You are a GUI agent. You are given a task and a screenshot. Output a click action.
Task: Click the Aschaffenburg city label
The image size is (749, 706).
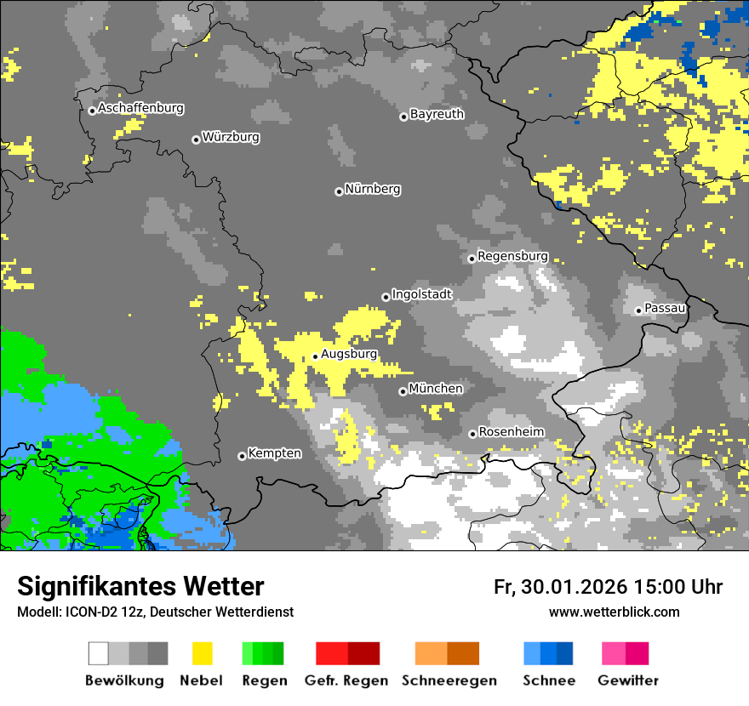140,108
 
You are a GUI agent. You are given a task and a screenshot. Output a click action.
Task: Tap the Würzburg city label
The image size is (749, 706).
231,137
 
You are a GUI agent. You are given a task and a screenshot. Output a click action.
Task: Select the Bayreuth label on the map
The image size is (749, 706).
437,114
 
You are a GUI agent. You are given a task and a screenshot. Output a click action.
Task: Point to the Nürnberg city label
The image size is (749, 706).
372,189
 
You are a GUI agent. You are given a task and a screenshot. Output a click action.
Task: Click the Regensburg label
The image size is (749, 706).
512,256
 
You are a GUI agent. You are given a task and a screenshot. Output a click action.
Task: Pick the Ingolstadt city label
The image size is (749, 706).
421,294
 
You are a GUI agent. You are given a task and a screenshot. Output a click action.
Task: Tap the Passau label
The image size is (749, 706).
666,308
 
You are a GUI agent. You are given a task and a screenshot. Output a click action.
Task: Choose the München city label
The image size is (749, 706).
436,389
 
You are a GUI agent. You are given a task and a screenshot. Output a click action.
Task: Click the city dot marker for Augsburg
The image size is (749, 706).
315,356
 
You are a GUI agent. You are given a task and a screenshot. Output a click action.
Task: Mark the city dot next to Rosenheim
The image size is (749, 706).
472,434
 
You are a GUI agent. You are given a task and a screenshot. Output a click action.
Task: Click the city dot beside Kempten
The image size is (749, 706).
242,456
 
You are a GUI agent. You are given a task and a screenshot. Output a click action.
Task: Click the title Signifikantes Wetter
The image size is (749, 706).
140,586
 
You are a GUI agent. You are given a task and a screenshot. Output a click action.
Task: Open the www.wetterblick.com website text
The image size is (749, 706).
614,612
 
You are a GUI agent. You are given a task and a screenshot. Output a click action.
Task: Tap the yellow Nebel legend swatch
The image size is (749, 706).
202,653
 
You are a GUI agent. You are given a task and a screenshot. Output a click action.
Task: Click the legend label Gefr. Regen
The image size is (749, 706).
346,680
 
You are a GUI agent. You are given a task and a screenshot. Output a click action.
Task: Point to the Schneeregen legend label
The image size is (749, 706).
449,680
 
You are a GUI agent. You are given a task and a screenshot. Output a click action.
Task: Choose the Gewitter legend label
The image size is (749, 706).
627,680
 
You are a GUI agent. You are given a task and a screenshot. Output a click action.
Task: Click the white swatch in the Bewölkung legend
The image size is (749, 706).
99,653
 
